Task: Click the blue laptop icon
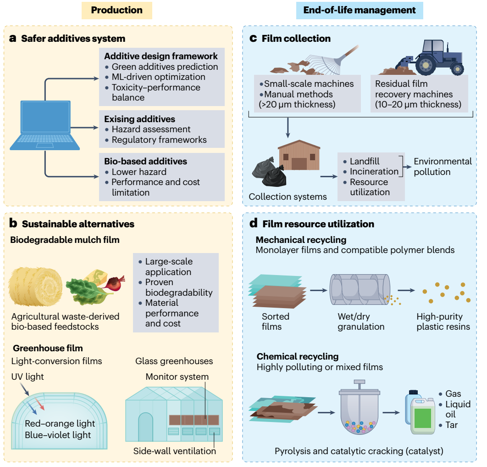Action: point(45,125)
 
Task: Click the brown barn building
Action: point(299,155)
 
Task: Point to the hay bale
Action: point(35,287)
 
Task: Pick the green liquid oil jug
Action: point(423,416)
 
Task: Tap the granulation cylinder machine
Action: point(360,290)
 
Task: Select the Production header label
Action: point(117,10)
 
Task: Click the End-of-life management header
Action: point(360,10)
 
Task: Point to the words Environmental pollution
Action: point(443,167)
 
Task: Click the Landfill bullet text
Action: point(365,161)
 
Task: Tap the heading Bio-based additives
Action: point(146,161)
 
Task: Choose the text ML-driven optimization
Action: point(158,77)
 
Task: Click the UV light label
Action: point(28,377)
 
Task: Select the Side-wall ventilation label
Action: point(175,451)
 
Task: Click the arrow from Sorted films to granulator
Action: point(319,290)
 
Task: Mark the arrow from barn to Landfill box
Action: point(329,177)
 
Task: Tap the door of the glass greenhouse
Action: point(145,427)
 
